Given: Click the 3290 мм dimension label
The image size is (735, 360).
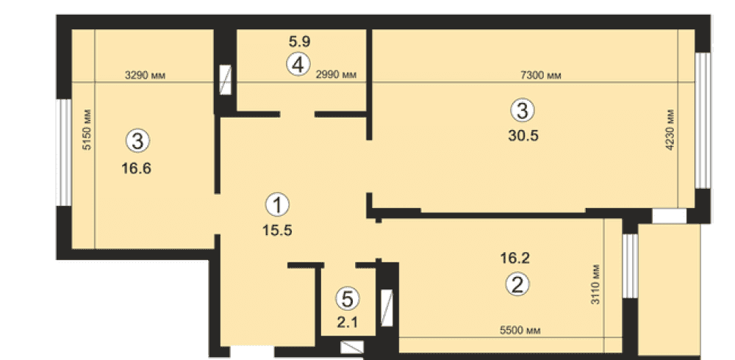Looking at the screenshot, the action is (x=146, y=75).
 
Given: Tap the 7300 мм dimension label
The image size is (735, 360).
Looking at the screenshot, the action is (x=541, y=75).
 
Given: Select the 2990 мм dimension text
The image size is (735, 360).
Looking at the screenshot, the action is (x=336, y=75).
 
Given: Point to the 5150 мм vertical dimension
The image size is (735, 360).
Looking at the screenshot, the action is (x=87, y=129).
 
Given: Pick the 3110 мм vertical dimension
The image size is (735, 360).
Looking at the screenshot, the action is (x=595, y=284).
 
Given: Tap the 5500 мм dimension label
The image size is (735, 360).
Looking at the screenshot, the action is (x=520, y=331).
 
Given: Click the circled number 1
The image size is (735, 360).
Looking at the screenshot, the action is (x=278, y=205).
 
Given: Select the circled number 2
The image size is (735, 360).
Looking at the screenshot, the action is (x=517, y=284).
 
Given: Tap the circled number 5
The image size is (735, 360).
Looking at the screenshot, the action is (x=348, y=299).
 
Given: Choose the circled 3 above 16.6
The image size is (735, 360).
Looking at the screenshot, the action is (x=138, y=140).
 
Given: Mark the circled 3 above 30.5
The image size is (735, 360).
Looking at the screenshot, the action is (x=522, y=111).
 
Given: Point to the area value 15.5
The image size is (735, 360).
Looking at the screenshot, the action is (x=279, y=230).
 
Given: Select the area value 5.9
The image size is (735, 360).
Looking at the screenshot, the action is (x=300, y=42).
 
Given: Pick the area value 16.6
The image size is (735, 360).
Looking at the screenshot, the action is (x=137, y=168).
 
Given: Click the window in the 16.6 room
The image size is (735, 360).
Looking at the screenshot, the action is (x=64, y=152).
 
